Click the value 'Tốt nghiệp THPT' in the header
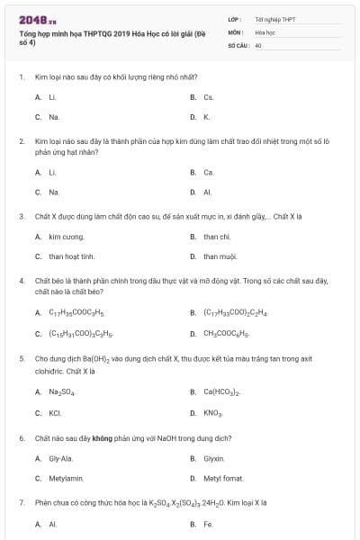pyautogui.click(x=274, y=19)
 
